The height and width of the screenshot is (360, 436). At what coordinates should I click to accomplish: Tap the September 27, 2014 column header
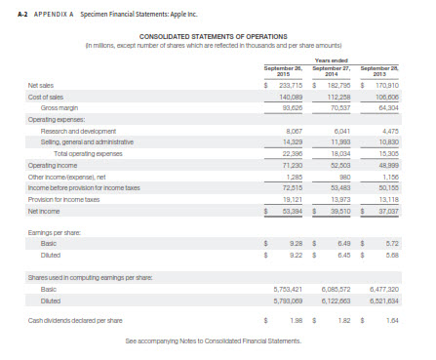point(331,71)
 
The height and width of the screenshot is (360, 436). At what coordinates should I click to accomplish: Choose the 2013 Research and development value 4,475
point(389,128)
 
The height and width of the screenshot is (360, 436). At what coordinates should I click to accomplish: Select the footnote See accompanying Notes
point(216,342)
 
